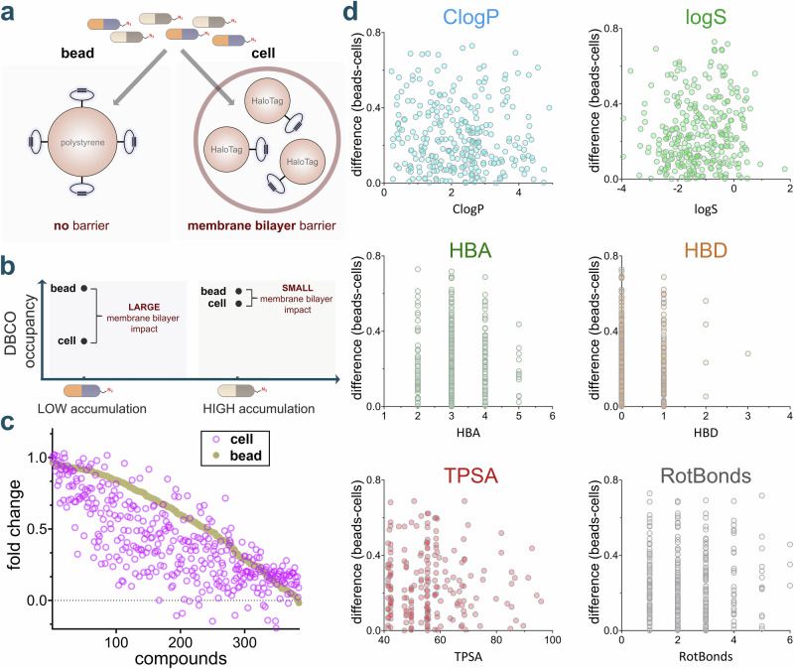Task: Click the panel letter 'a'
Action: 8,12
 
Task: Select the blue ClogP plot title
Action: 470,17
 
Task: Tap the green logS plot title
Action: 706,17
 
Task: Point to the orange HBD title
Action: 706,250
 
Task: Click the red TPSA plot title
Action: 470,475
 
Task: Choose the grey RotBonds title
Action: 706,475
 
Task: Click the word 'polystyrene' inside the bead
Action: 82,143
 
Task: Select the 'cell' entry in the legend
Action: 241,439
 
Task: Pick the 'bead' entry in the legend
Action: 245,456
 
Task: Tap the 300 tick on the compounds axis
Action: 244,642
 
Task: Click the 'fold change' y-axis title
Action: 15,525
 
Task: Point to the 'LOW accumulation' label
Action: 92,409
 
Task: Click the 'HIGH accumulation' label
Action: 259,409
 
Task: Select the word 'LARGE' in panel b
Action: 144,307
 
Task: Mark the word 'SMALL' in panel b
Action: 297,288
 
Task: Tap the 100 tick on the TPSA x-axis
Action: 553,640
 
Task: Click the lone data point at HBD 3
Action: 748,353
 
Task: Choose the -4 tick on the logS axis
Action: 622,189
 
